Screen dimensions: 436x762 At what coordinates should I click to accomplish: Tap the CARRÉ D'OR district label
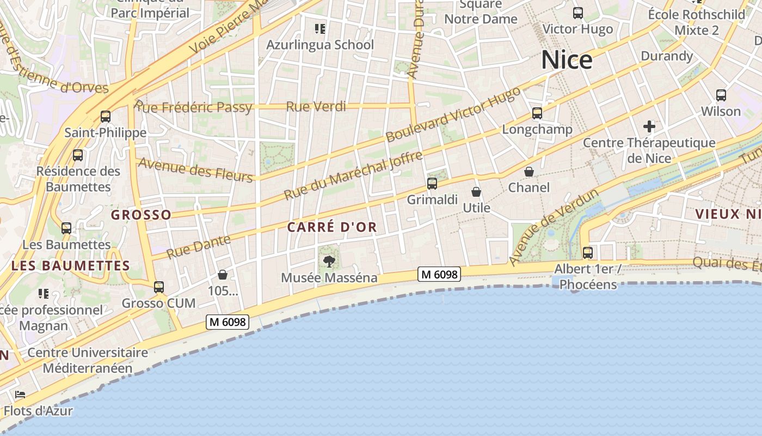332,227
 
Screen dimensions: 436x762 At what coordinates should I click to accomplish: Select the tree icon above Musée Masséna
329,262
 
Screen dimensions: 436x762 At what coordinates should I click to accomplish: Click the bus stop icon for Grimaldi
432,184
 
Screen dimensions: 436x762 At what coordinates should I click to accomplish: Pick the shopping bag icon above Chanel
529,172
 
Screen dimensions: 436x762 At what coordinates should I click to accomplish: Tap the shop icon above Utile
476,192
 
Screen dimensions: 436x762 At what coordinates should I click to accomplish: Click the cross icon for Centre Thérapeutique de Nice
649,127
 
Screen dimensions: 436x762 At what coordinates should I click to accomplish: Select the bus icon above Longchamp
537,113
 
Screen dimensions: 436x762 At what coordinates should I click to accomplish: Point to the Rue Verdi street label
316,107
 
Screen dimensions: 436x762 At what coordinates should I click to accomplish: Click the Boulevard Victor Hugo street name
453,115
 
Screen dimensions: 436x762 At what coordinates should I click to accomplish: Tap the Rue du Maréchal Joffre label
353,175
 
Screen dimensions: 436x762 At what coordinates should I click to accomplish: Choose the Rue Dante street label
198,247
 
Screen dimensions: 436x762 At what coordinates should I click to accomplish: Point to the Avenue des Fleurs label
195,169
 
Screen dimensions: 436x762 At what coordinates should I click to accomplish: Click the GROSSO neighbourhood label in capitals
141,215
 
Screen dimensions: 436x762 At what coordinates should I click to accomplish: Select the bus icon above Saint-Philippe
106,117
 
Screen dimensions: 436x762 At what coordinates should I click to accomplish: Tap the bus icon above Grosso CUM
158,287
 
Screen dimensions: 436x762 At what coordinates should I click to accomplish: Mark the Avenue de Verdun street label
554,227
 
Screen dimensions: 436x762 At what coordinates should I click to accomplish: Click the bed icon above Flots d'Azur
21,395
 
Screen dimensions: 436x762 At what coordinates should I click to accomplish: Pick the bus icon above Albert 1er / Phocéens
588,253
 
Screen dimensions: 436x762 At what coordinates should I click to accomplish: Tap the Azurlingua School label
320,45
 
